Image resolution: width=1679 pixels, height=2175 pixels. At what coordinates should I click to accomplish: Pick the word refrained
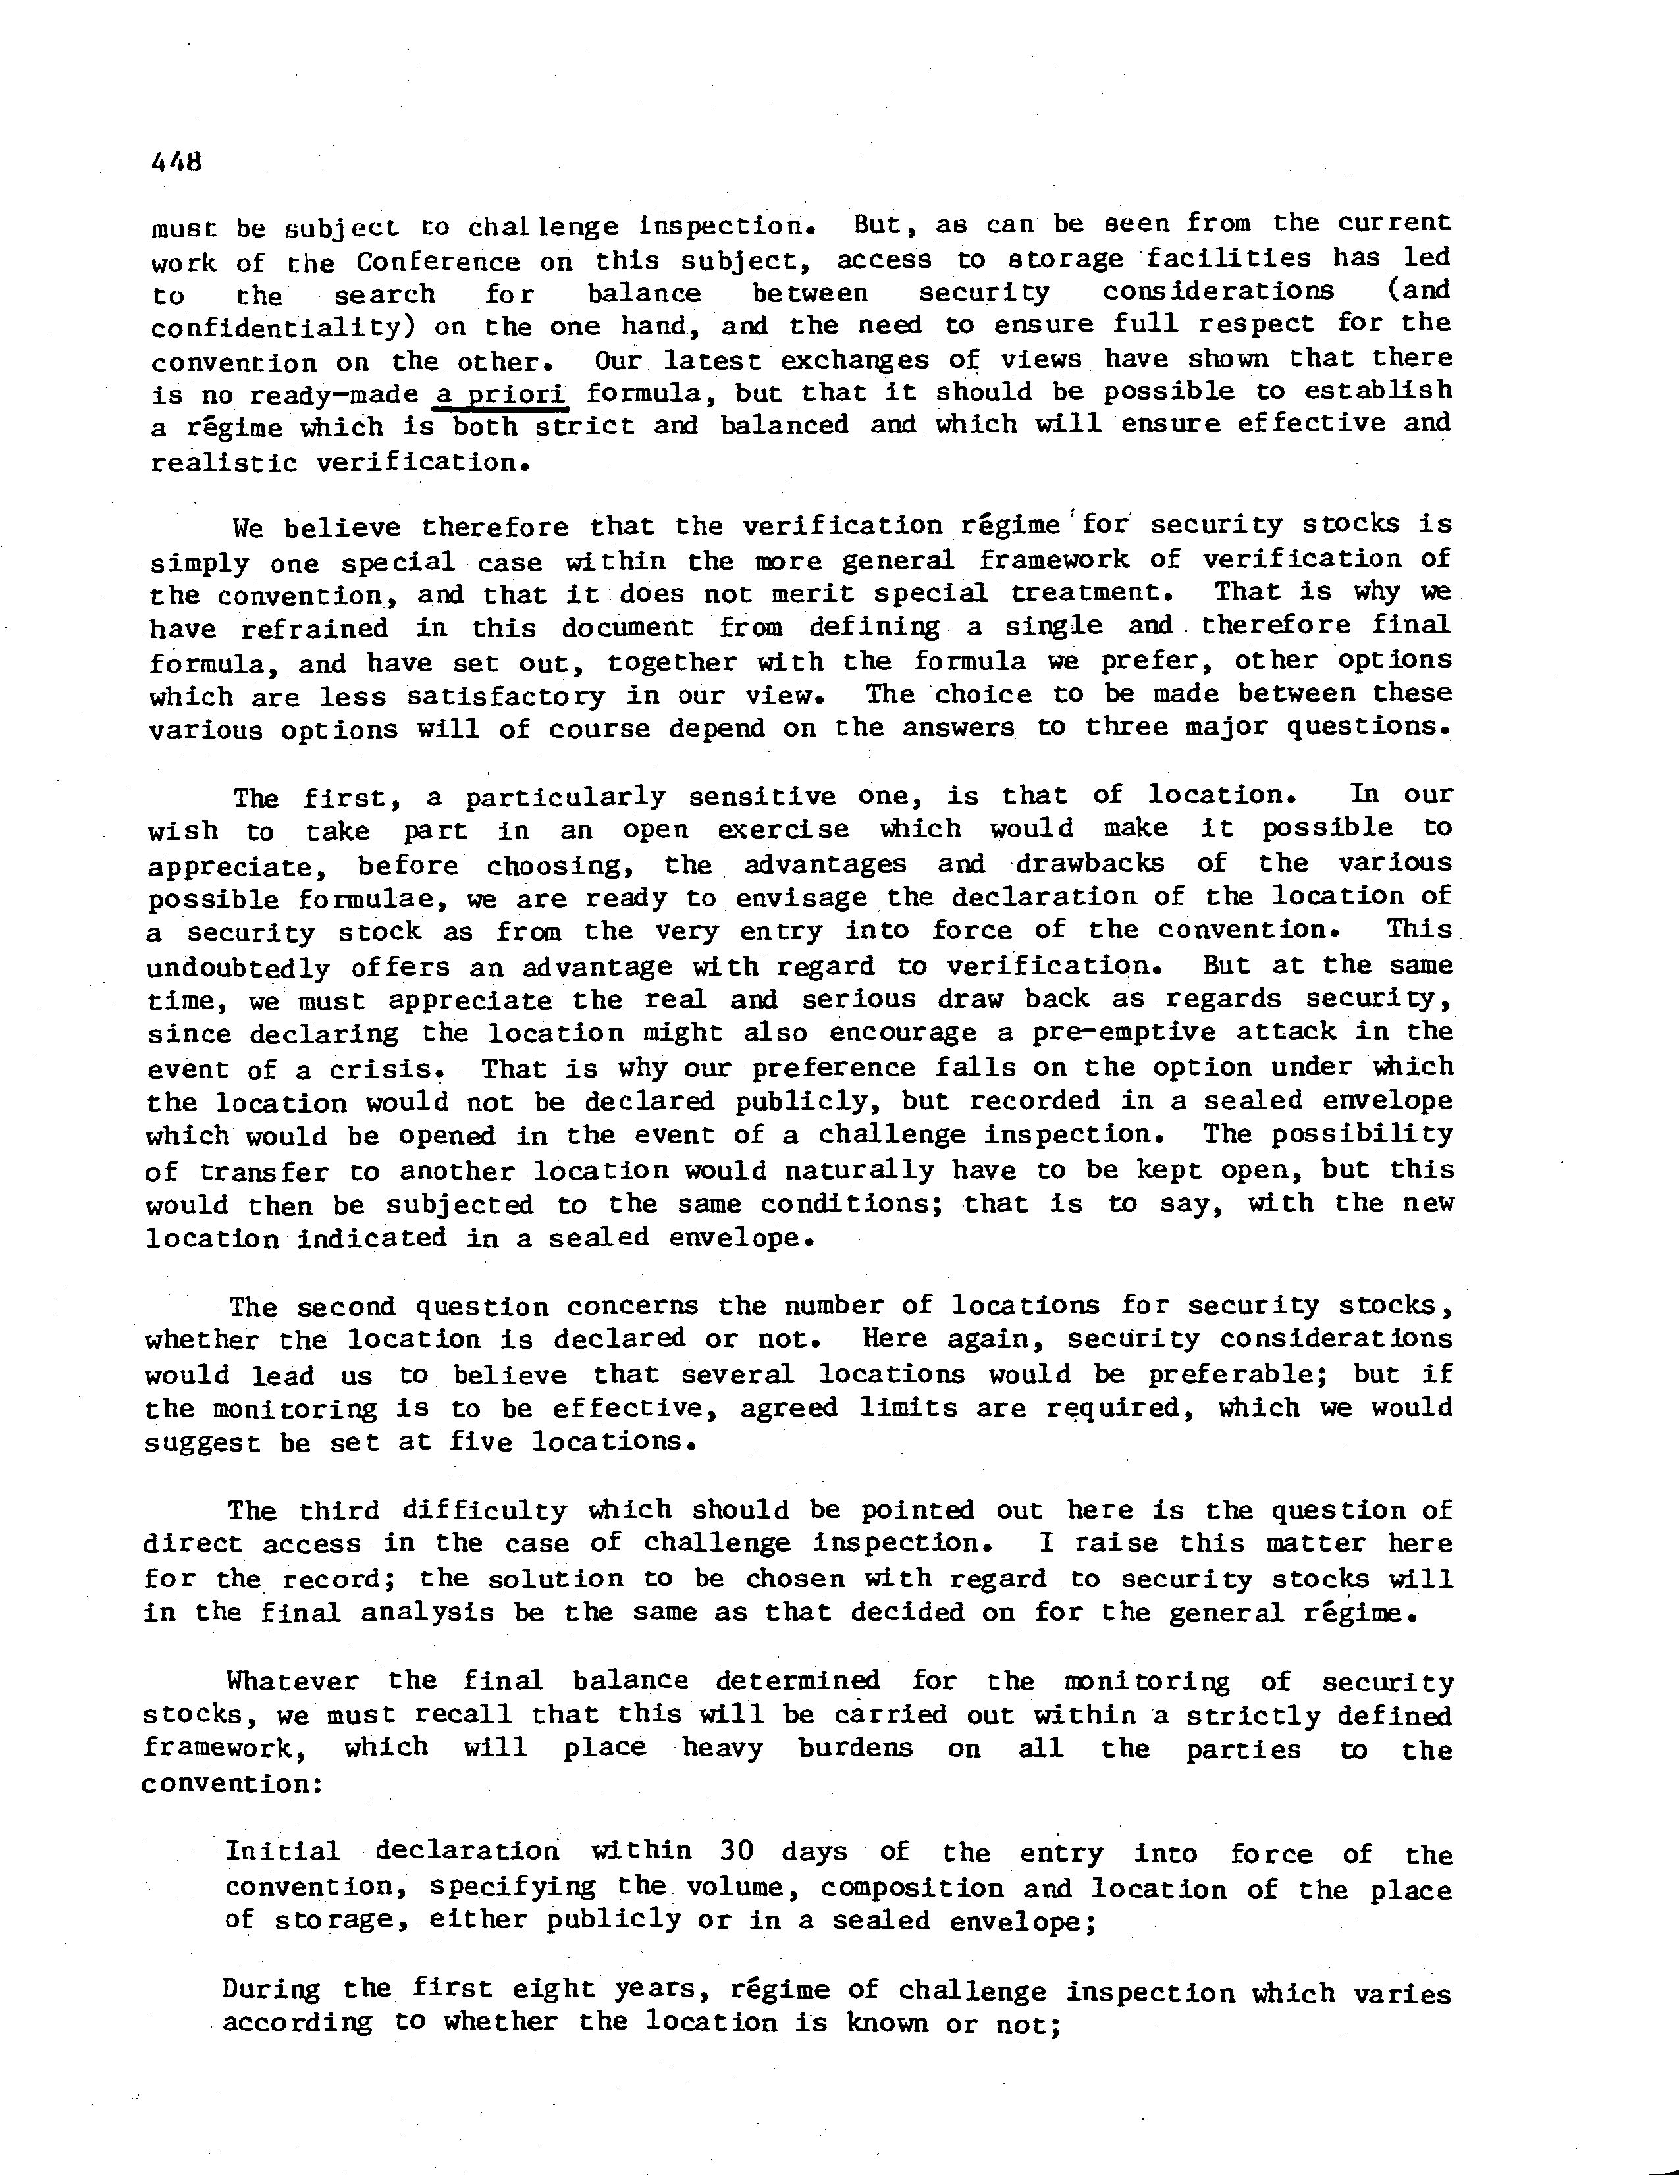(x=315, y=629)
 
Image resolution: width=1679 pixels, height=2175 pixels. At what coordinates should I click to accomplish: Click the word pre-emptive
(x=1055, y=1033)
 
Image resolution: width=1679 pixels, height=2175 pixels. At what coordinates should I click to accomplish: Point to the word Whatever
(x=292, y=1681)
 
